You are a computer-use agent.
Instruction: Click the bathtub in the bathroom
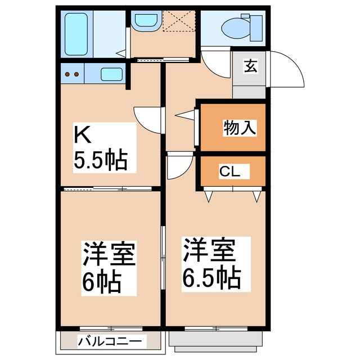tap(77, 34)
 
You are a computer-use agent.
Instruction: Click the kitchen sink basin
tap(112, 74)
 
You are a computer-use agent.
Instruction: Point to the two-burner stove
tap(71, 74)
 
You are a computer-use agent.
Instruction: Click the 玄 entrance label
tap(250, 66)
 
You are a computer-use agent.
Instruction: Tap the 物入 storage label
tap(240, 128)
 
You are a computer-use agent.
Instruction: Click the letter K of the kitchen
tap(83, 136)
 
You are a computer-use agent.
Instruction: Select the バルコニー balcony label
tap(112, 340)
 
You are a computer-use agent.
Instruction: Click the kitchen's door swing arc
tap(147, 120)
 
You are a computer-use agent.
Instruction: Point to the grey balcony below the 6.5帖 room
tap(216, 339)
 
